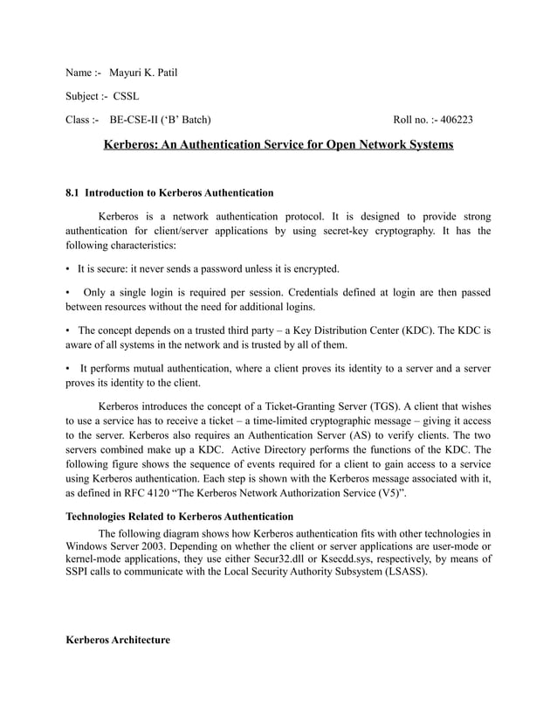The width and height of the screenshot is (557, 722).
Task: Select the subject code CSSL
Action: [x=125, y=96]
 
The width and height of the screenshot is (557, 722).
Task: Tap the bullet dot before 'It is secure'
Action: [x=68, y=268]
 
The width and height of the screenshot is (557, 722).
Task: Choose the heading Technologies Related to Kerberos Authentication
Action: [x=180, y=517]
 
